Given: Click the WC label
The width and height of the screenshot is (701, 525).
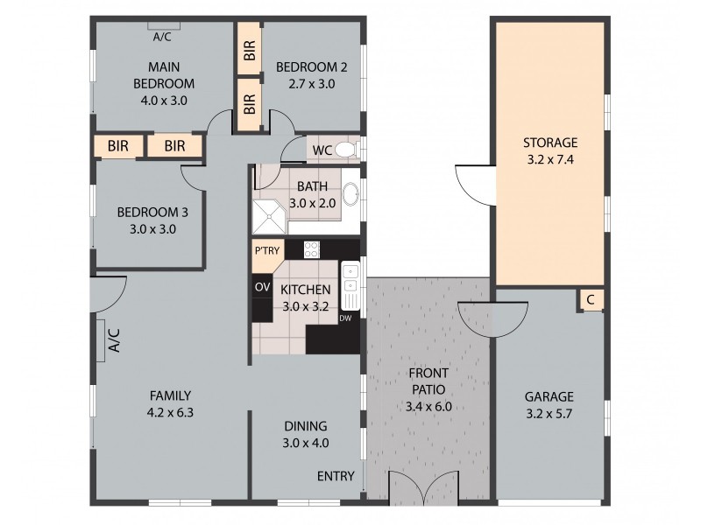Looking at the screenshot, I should click(322, 150).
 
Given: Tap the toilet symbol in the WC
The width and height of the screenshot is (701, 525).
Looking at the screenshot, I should click(346, 150).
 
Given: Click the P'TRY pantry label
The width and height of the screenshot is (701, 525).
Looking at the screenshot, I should click(266, 250).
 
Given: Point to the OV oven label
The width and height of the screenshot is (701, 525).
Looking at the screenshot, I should click(261, 286).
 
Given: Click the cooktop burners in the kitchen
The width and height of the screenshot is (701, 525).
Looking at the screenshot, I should click(311, 249).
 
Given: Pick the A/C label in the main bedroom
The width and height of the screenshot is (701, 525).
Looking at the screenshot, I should click(162, 37).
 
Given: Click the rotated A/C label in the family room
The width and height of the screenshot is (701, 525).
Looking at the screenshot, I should click(113, 339).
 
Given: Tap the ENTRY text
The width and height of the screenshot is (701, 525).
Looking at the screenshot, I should click(336, 477).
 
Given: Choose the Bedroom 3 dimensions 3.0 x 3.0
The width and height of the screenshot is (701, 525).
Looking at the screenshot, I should click(147, 228).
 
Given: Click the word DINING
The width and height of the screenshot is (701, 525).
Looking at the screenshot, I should click(306, 426).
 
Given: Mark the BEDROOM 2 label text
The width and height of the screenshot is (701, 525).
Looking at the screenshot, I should click(311, 67).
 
